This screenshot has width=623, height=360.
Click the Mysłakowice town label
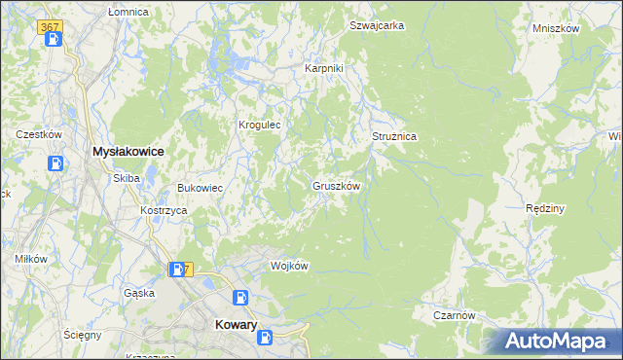[127, 152]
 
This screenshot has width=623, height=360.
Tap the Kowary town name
[235, 328]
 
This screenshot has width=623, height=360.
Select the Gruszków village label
[337, 186]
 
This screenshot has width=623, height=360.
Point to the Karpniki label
[324, 69]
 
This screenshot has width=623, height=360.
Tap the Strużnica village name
[394, 137]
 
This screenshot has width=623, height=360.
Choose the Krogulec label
[260, 126]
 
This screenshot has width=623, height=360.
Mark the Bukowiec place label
[201, 188]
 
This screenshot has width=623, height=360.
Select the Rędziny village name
[545, 208]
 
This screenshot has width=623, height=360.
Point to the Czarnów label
[454, 315]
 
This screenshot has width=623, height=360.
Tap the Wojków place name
[289, 267]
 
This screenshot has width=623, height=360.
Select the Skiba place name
[127, 178]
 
